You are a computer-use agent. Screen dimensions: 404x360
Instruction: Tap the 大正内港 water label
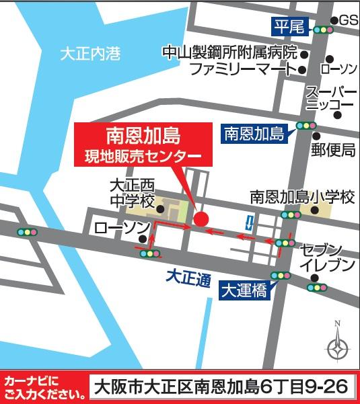click(90, 54)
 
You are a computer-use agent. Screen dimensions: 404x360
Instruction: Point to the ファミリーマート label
click(242, 69)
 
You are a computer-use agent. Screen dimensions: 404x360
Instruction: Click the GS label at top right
click(348, 21)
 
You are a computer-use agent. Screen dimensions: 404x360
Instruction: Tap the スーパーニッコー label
click(330, 98)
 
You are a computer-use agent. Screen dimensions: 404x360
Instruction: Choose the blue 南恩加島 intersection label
click(254, 133)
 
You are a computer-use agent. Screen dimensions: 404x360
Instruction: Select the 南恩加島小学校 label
click(301, 198)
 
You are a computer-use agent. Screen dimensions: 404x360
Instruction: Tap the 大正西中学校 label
click(132, 192)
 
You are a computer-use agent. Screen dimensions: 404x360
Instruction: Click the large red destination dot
click(201, 218)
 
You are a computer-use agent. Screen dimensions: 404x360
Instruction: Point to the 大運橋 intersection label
click(246, 290)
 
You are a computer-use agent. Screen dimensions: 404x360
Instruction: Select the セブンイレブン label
click(326, 256)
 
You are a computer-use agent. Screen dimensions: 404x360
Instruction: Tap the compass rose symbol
click(337, 348)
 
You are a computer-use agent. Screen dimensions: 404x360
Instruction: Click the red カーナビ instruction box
click(43, 387)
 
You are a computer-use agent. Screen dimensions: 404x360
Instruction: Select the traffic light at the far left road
click(28, 232)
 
